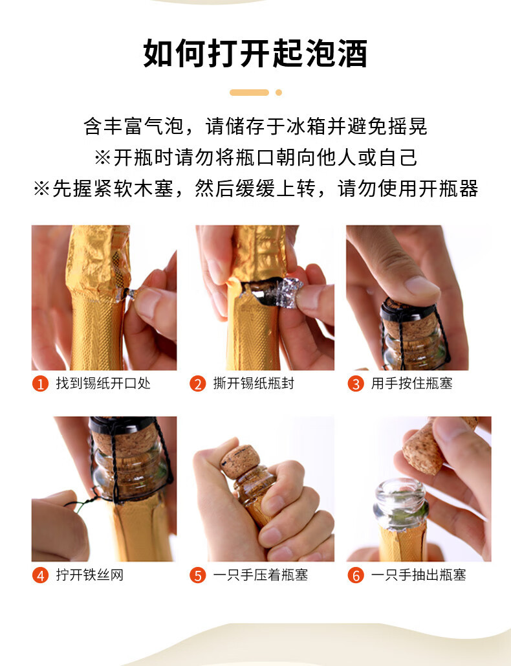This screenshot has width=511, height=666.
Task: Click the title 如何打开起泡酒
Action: (255, 53)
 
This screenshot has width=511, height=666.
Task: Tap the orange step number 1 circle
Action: (40, 384)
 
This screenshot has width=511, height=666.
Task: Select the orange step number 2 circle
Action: (197, 384)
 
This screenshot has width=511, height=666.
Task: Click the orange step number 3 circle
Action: (355, 384)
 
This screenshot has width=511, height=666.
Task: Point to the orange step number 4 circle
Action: (40, 575)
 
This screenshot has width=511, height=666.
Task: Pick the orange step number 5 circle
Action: (197, 575)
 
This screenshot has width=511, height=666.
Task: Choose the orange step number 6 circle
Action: (355, 575)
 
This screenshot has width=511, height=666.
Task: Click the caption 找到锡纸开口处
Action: (103, 383)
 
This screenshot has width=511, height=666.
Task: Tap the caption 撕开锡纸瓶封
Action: (254, 383)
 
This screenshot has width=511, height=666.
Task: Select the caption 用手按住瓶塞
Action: (411, 383)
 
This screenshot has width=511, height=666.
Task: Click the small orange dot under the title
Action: (279, 93)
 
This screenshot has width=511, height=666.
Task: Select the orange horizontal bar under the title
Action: (249, 93)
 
